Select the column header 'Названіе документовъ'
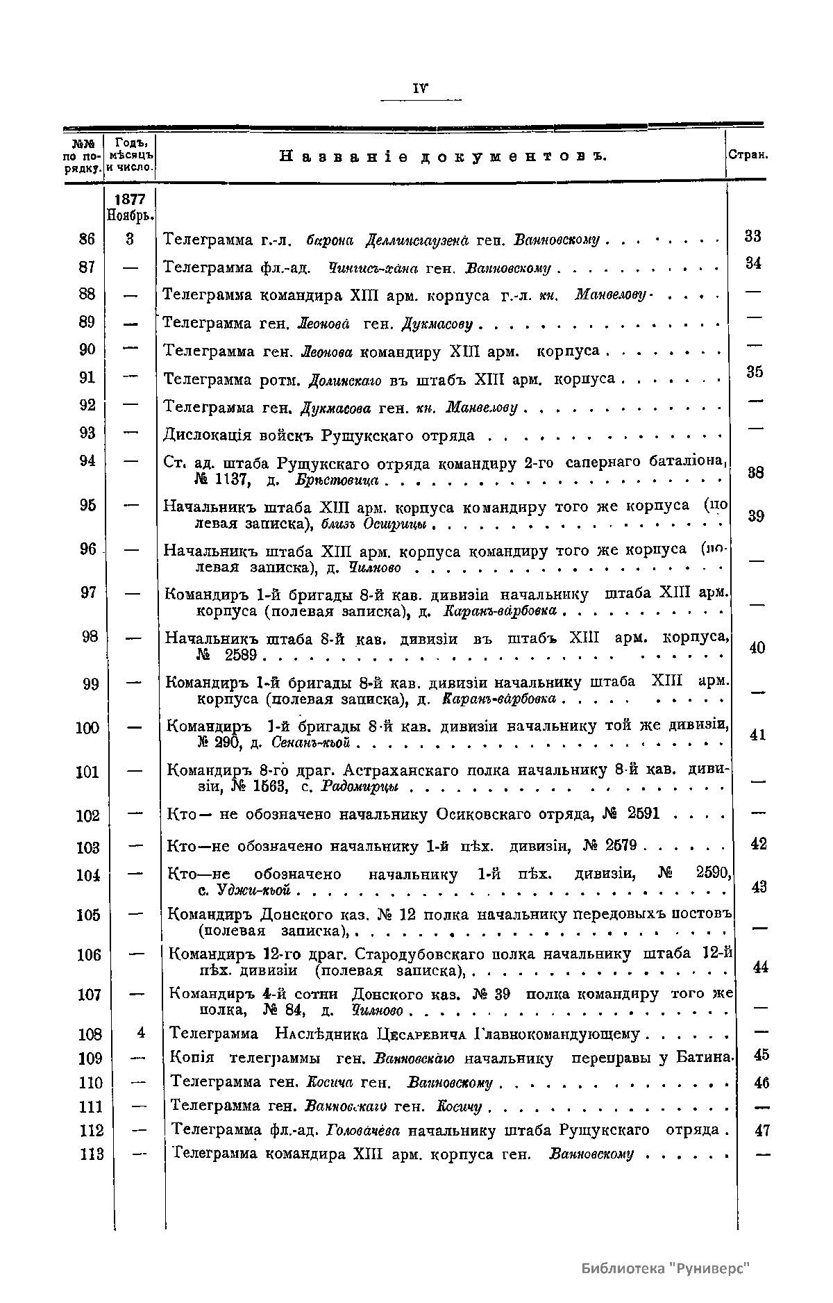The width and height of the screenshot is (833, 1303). [443, 156]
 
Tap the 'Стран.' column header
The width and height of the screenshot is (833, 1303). [748, 156]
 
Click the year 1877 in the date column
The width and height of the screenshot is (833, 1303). [130, 199]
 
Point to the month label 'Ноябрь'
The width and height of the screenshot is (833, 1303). [130, 215]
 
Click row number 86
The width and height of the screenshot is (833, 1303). [87, 239]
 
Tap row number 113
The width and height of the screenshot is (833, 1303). [91, 1154]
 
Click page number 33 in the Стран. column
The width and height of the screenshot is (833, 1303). [753, 236]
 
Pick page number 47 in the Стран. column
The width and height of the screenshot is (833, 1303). [762, 1131]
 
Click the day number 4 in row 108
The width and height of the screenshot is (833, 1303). [141, 1033]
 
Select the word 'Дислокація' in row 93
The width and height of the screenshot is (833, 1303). [201, 436]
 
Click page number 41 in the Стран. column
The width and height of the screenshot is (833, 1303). [758, 735]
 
